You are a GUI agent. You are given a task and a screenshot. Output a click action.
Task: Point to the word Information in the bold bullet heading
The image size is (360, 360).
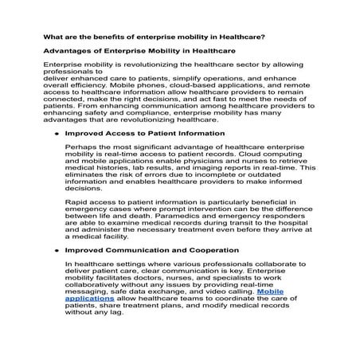[x=194, y=134]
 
